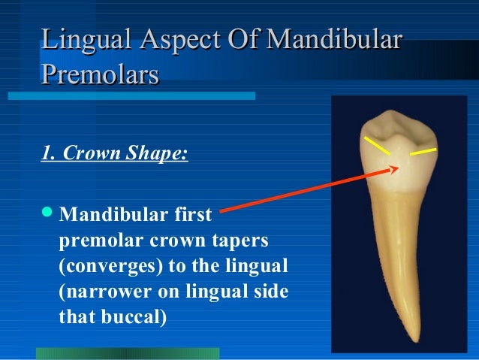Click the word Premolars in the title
click(x=100, y=74)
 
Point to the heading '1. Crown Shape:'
click(x=113, y=156)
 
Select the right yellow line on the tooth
click(x=423, y=153)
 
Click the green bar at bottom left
click(x=128, y=353)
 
